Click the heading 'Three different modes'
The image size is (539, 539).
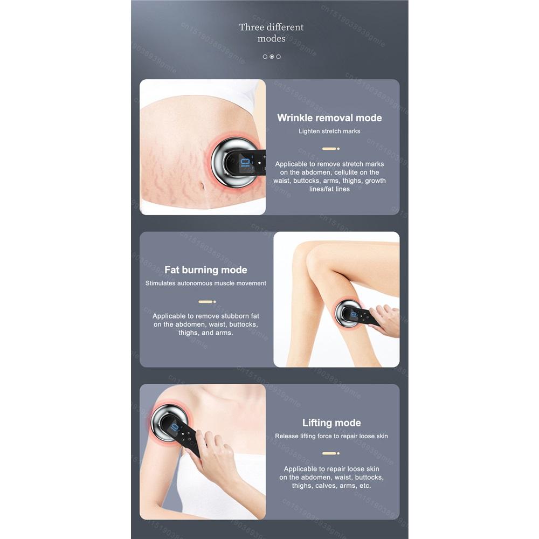click(271, 32)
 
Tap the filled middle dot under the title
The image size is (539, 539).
click(272, 57)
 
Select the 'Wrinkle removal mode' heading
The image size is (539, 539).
click(329, 118)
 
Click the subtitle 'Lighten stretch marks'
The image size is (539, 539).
click(329, 131)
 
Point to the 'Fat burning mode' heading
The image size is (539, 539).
click(205, 270)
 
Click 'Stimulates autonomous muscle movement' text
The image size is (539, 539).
click(205, 283)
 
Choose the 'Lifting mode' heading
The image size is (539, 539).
click(331, 423)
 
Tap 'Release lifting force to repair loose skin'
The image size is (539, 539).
click(331, 436)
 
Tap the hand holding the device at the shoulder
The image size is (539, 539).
click(216, 453)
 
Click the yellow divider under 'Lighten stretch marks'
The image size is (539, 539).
click(329, 148)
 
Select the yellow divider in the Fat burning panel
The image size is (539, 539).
click(206, 302)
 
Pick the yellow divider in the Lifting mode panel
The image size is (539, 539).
click(330, 453)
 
